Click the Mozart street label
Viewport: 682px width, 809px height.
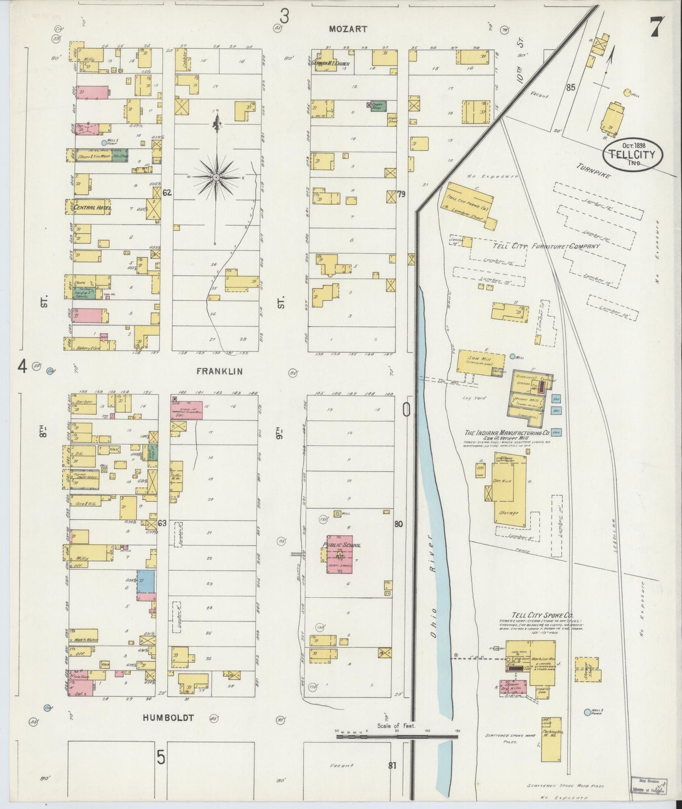[x=348, y=29]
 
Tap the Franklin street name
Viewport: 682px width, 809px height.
[x=219, y=371]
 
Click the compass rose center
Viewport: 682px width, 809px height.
[x=216, y=177]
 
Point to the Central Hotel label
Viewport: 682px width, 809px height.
[x=92, y=207]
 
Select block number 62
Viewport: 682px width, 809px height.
[x=166, y=193]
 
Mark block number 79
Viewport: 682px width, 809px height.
[x=401, y=194]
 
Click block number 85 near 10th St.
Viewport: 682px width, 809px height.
[x=571, y=87]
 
